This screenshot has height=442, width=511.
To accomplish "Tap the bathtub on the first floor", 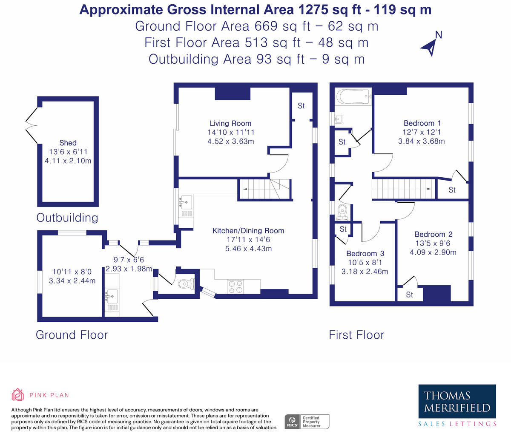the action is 353,96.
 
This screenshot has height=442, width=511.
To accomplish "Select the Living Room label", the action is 230,123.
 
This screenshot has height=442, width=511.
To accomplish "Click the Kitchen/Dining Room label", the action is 248,231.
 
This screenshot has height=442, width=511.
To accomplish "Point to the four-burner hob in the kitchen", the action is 235,286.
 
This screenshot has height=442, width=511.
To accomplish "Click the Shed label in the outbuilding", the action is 68,143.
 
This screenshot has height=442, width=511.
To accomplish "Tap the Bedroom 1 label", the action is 422,123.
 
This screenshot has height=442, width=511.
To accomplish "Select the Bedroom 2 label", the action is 433,234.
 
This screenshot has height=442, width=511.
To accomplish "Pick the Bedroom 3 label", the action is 365,253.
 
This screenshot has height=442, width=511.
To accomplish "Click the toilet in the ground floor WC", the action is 186,284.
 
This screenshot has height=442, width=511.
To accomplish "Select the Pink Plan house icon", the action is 17,394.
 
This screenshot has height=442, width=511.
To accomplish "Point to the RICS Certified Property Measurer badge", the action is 307,422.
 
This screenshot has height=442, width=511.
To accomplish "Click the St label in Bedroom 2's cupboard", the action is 409,295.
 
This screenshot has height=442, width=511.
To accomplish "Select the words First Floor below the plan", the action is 356,335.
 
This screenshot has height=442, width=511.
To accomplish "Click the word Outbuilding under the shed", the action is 67,218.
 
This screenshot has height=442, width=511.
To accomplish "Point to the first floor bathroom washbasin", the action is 339,119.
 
